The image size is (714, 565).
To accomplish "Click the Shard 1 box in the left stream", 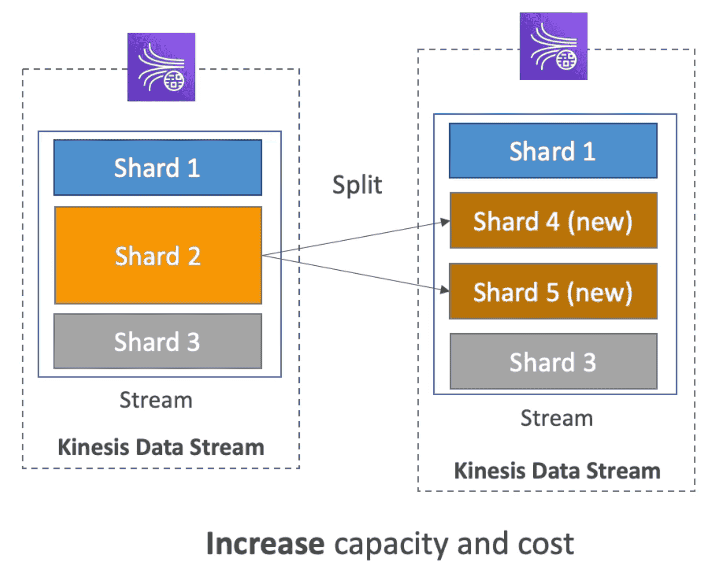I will (158, 168).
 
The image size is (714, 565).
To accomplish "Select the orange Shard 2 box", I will (158, 255).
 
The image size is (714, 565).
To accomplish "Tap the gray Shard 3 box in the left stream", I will (158, 341).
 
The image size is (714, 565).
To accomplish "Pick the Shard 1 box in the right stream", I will (553, 151).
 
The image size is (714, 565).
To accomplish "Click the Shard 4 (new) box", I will (553, 221).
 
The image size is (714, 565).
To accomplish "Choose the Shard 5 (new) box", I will (553, 292).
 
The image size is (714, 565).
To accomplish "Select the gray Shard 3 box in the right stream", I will (553, 362).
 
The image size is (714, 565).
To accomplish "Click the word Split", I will (357, 186).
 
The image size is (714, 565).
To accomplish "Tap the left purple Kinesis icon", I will (162, 67).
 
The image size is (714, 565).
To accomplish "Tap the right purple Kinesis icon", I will (553, 46).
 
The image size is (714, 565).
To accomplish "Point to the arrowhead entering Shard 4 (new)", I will (445, 222).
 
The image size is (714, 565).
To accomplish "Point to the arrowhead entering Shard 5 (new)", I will (445, 290).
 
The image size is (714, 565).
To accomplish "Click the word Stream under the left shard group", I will (156, 400).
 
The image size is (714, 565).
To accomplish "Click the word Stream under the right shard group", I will (556, 418).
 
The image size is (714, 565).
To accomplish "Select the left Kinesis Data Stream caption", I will (161, 447).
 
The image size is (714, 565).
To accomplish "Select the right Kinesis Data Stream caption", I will (557, 471).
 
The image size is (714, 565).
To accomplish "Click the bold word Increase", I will (265, 544).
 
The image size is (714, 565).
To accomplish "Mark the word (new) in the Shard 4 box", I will (600, 222).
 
